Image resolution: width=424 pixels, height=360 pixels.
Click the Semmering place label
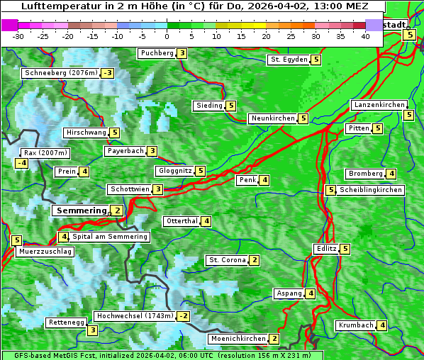[81, 210]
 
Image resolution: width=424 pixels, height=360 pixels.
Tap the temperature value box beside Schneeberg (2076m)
[108, 73]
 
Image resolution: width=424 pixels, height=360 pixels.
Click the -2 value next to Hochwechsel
[183, 316]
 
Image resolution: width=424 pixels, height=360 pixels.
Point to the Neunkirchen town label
[273, 118]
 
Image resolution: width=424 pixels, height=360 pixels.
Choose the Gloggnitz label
[174, 171]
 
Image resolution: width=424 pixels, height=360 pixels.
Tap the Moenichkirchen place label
[238, 339]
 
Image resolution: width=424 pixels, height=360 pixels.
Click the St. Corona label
[227, 260]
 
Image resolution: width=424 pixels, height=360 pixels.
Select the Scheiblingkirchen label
[371, 190]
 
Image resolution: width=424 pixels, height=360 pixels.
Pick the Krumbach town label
[356, 325]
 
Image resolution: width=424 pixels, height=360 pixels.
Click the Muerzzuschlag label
[45, 252]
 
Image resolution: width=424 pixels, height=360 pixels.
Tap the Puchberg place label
[157, 53]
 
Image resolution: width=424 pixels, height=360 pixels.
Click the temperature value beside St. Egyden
[316, 60]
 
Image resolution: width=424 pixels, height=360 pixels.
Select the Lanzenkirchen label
[379, 105]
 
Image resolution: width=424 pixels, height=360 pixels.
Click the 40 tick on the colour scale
[365, 36]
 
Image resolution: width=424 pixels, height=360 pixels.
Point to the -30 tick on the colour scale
[18, 36]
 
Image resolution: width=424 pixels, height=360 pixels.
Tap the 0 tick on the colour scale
[167, 36]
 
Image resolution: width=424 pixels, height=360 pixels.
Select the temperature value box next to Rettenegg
[92, 330]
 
